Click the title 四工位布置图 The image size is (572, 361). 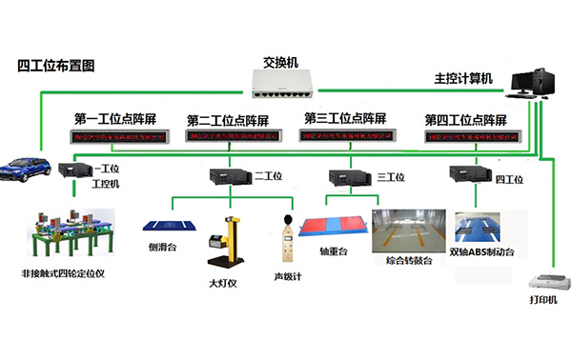[56, 66]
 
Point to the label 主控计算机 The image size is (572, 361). [464, 79]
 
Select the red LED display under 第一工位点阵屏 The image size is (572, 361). [121, 137]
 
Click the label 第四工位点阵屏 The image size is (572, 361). [465, 120]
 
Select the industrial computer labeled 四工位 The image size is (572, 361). [467, 174]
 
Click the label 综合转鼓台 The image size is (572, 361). [409, 259]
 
